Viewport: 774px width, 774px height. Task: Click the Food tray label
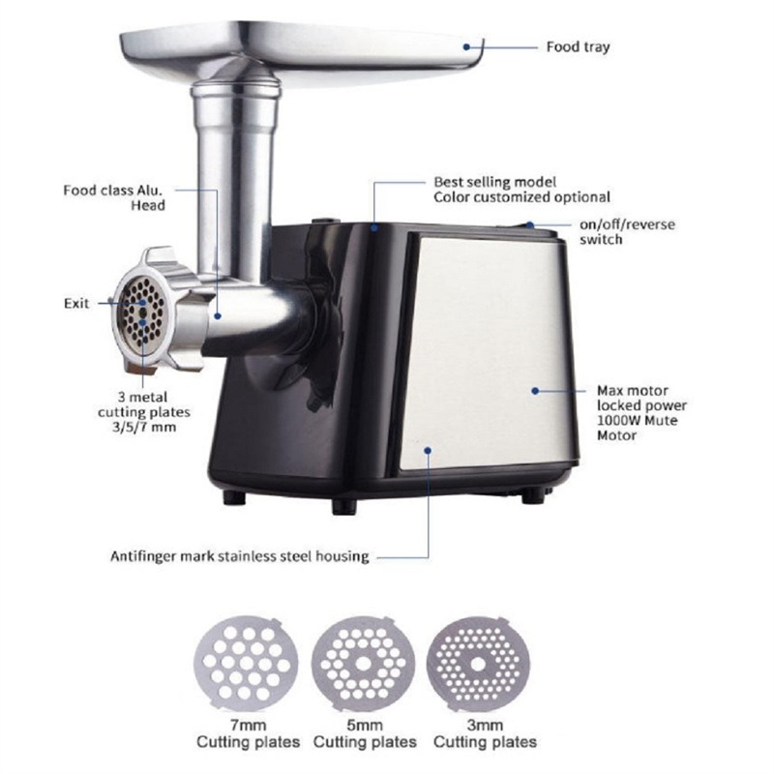(x=578, y=46)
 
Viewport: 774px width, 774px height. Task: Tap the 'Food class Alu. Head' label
(x=114, y=197)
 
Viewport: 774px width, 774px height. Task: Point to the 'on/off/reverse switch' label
(x=628, y=231)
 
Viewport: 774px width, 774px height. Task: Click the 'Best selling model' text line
(x=493, y=182)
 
